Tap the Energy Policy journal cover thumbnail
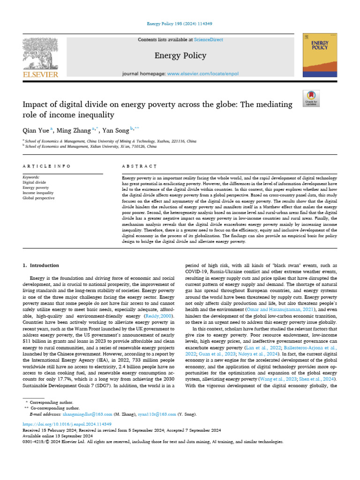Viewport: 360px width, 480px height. pyautogui.click(x=320, y=55)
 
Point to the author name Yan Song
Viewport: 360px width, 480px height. pyautogui.click(x=115, y=130)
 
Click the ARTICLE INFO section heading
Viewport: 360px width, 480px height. pyautogui.click(x=47, y=166)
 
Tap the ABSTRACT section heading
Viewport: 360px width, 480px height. pyautogui.click(x=139, y=166)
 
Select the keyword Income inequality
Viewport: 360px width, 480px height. pyautogui.click(x=38, y=193)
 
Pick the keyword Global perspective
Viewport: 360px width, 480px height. pyautogui.click(x=38, y=198)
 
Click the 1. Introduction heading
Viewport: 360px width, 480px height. pyautogui.click(x=41, y=265)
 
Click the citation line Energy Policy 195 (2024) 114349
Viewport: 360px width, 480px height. pyautogui.click(x=180, y=24)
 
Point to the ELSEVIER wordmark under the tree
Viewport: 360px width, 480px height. pyautogui.click(x=40, y=74)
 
